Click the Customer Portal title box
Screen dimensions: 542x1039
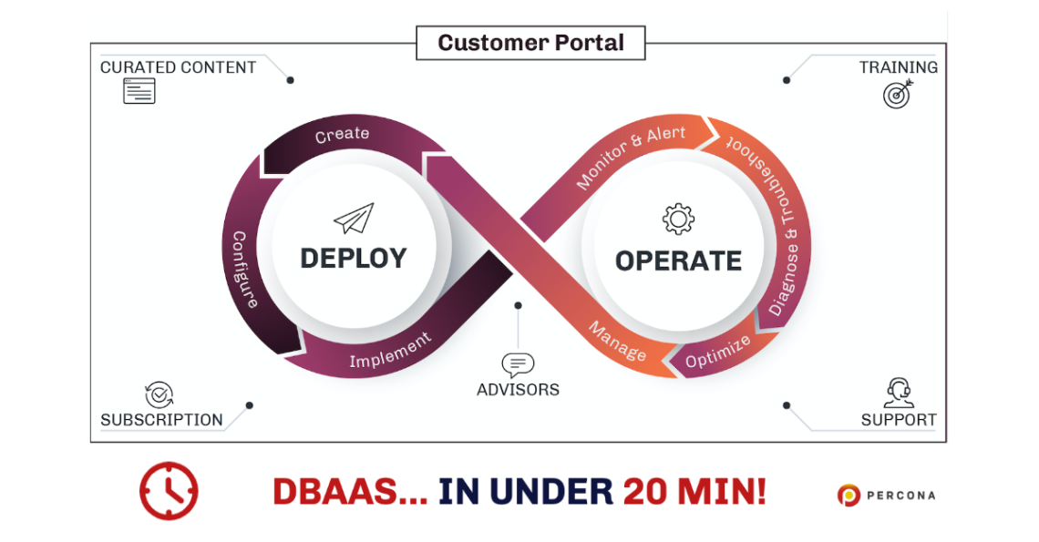point(530,43)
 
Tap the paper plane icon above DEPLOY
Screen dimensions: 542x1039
point(354,219)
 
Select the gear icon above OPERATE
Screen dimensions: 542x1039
point(678,220)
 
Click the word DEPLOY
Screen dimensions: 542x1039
point(354,259)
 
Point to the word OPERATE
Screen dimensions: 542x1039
point(678,261)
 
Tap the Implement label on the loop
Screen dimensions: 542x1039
point(390,351)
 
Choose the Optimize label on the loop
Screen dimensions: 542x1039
point(717,352)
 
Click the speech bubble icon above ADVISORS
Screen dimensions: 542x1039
point(518,365)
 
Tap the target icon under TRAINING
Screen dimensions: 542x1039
point(898,93)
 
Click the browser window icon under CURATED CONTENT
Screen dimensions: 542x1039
point(139,91)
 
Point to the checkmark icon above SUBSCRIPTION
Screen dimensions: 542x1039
point(159,394)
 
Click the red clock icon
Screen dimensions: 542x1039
point(169,491)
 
